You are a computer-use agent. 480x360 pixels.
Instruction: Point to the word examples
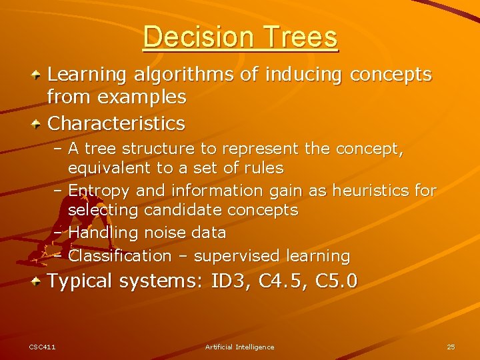pos(141,97)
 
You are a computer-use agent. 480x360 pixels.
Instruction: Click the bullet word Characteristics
pos(117,123)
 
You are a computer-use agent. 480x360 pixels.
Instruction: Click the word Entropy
pos(99,191)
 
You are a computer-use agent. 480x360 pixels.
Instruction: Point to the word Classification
pos(120,256)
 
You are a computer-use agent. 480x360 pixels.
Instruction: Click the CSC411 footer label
pos(42,347)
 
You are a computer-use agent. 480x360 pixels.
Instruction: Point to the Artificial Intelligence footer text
pos(239,347)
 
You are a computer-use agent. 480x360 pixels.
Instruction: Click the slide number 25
pos(451,347)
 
